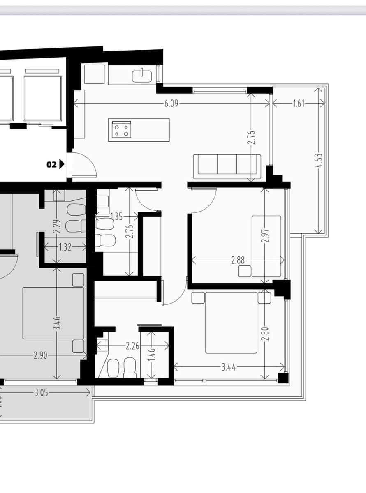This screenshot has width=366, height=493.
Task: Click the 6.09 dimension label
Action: pos(171,104)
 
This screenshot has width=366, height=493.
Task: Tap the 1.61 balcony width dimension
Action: pos(299,104)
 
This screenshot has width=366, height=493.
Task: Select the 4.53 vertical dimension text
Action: pos(320,161)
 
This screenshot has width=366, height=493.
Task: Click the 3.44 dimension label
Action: pos(229,368)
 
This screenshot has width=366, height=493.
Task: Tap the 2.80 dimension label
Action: pos(265,334)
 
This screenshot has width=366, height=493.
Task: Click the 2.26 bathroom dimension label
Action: pos(132,346)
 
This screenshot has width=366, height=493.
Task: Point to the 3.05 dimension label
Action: pos(41,393)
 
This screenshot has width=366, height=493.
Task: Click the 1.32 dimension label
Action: pos(65,247)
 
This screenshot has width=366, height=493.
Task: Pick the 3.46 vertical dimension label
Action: pos(57,323)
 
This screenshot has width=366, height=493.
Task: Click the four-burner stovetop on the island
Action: pos(121,129)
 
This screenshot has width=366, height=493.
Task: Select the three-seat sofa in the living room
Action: pos(227,167)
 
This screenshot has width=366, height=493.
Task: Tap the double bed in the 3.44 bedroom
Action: pos(231,323)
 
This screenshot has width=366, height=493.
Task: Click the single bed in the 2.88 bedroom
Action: pos(266,246)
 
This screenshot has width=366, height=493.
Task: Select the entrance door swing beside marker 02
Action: pos(85,165)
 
